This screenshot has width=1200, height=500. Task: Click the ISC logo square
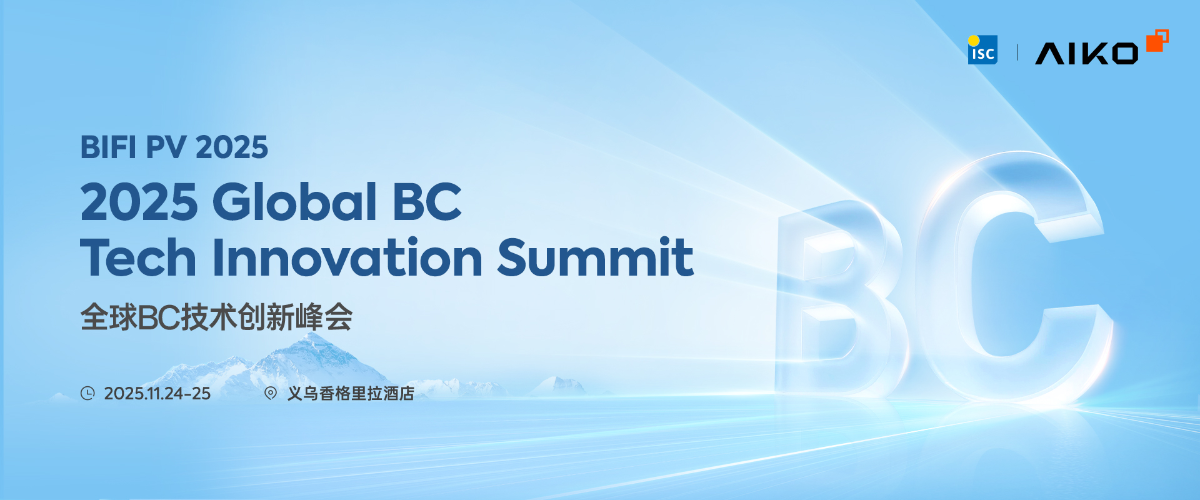[x=982, y=51]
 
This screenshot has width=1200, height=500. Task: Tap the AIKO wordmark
[x=1086, y=54]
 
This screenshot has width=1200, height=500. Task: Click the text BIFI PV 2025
[x=174, y=147]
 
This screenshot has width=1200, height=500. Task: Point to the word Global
[x=294, y=202]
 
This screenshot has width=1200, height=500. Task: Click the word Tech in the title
[x=138, y=257]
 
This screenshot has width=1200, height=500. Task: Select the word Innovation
[x=347, y=257]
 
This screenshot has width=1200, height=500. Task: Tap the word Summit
[x=595, y=257]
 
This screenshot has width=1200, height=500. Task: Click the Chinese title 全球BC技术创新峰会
[x=216, y=317]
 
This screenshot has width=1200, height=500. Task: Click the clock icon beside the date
[x=87, y=393]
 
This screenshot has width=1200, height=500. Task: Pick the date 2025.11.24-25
[x=157, y=393]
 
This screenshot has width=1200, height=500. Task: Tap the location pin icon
[x=271, y=393]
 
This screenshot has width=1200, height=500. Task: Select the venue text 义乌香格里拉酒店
[x=351, y=393]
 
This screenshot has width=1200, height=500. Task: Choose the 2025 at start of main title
[x=139, y=202]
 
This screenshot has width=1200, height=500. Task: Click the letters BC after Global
[x=426, y=202]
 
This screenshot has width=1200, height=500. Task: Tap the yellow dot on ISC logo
[x=974, y=41]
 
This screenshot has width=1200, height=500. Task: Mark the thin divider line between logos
[x=1017, y=52]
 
